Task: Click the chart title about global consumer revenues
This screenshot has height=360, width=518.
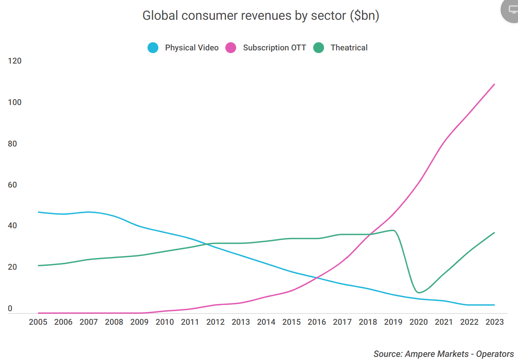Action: tap(261, 16)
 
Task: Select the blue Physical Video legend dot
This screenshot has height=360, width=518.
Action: tap(153, 48)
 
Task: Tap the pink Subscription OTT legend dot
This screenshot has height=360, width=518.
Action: tap(231, 48)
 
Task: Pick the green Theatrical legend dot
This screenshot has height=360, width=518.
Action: tap(319, 48)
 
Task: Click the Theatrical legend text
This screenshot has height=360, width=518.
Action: tap(349, 48)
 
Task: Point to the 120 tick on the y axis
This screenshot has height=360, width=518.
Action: tap(15, 61)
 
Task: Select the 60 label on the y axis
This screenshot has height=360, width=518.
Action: tap(12, 185)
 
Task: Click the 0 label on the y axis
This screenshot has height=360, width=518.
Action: tap(10, 308)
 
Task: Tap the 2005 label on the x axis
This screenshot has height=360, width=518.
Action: tap(38, 322)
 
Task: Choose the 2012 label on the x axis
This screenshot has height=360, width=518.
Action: tap(215, 322)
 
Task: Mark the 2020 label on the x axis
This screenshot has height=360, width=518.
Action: tap(419, 322)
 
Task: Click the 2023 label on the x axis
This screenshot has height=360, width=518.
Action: tap(494, 322)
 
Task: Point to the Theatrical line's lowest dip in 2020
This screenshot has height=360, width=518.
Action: tap(419, 293)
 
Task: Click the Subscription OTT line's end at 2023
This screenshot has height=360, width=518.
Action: tap(494, 84)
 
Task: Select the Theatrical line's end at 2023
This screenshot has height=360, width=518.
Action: tap(494, 233)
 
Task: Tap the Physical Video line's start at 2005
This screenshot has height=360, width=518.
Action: tap(38, 212)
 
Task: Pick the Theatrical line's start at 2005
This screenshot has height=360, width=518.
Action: tap(38, 265)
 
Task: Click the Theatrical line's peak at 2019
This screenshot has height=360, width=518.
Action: tap(393, 230)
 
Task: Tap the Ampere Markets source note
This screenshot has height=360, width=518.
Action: tap(443, 354)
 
